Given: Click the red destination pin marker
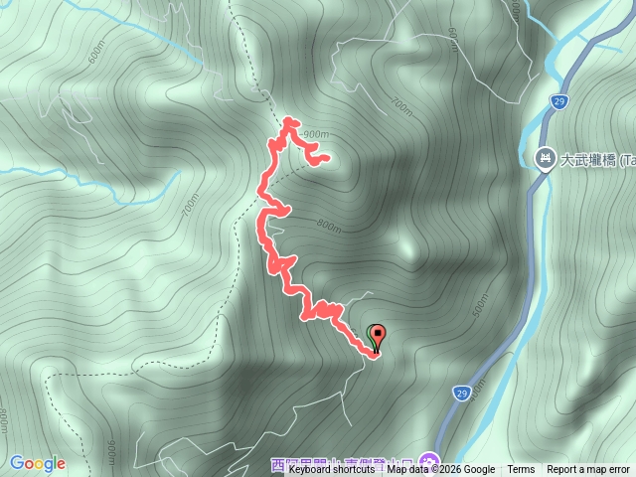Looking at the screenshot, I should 378,336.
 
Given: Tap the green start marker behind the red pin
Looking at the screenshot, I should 373,334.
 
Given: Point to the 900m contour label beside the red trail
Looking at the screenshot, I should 317,134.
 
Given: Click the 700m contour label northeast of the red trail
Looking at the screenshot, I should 400,104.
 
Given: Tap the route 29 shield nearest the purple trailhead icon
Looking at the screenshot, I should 461,394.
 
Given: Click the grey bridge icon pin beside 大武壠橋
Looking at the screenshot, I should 545,159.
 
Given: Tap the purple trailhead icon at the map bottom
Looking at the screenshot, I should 428,460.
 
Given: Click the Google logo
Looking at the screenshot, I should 38,463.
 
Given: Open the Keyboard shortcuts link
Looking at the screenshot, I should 332,470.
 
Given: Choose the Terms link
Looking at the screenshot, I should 521,470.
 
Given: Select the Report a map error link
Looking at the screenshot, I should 588,470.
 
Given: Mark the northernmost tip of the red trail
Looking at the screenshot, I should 290,120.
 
